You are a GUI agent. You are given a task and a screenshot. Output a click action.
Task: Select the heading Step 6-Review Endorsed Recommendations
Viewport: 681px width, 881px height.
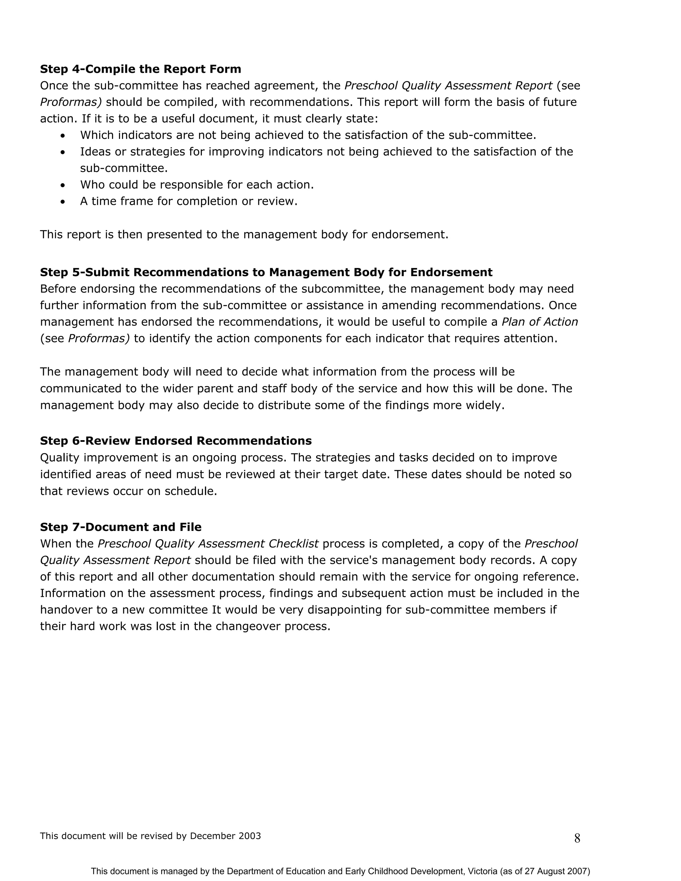coord(176,441)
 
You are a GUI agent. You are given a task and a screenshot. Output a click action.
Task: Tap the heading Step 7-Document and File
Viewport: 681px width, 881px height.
coord(121,527)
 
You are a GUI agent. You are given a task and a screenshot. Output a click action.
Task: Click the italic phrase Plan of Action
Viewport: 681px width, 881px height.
coord(539,322)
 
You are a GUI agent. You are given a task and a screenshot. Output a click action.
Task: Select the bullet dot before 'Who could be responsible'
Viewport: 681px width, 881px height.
coord(62,185)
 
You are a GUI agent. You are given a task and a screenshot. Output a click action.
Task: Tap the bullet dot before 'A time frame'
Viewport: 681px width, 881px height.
coord(62,202)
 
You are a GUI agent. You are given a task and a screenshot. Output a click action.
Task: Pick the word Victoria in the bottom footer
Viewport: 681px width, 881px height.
coord(482,871)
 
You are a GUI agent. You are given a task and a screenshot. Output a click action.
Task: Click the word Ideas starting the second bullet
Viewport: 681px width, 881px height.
coord(93,152)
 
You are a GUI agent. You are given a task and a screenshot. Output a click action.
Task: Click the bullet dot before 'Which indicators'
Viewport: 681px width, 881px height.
coord(62,136)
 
